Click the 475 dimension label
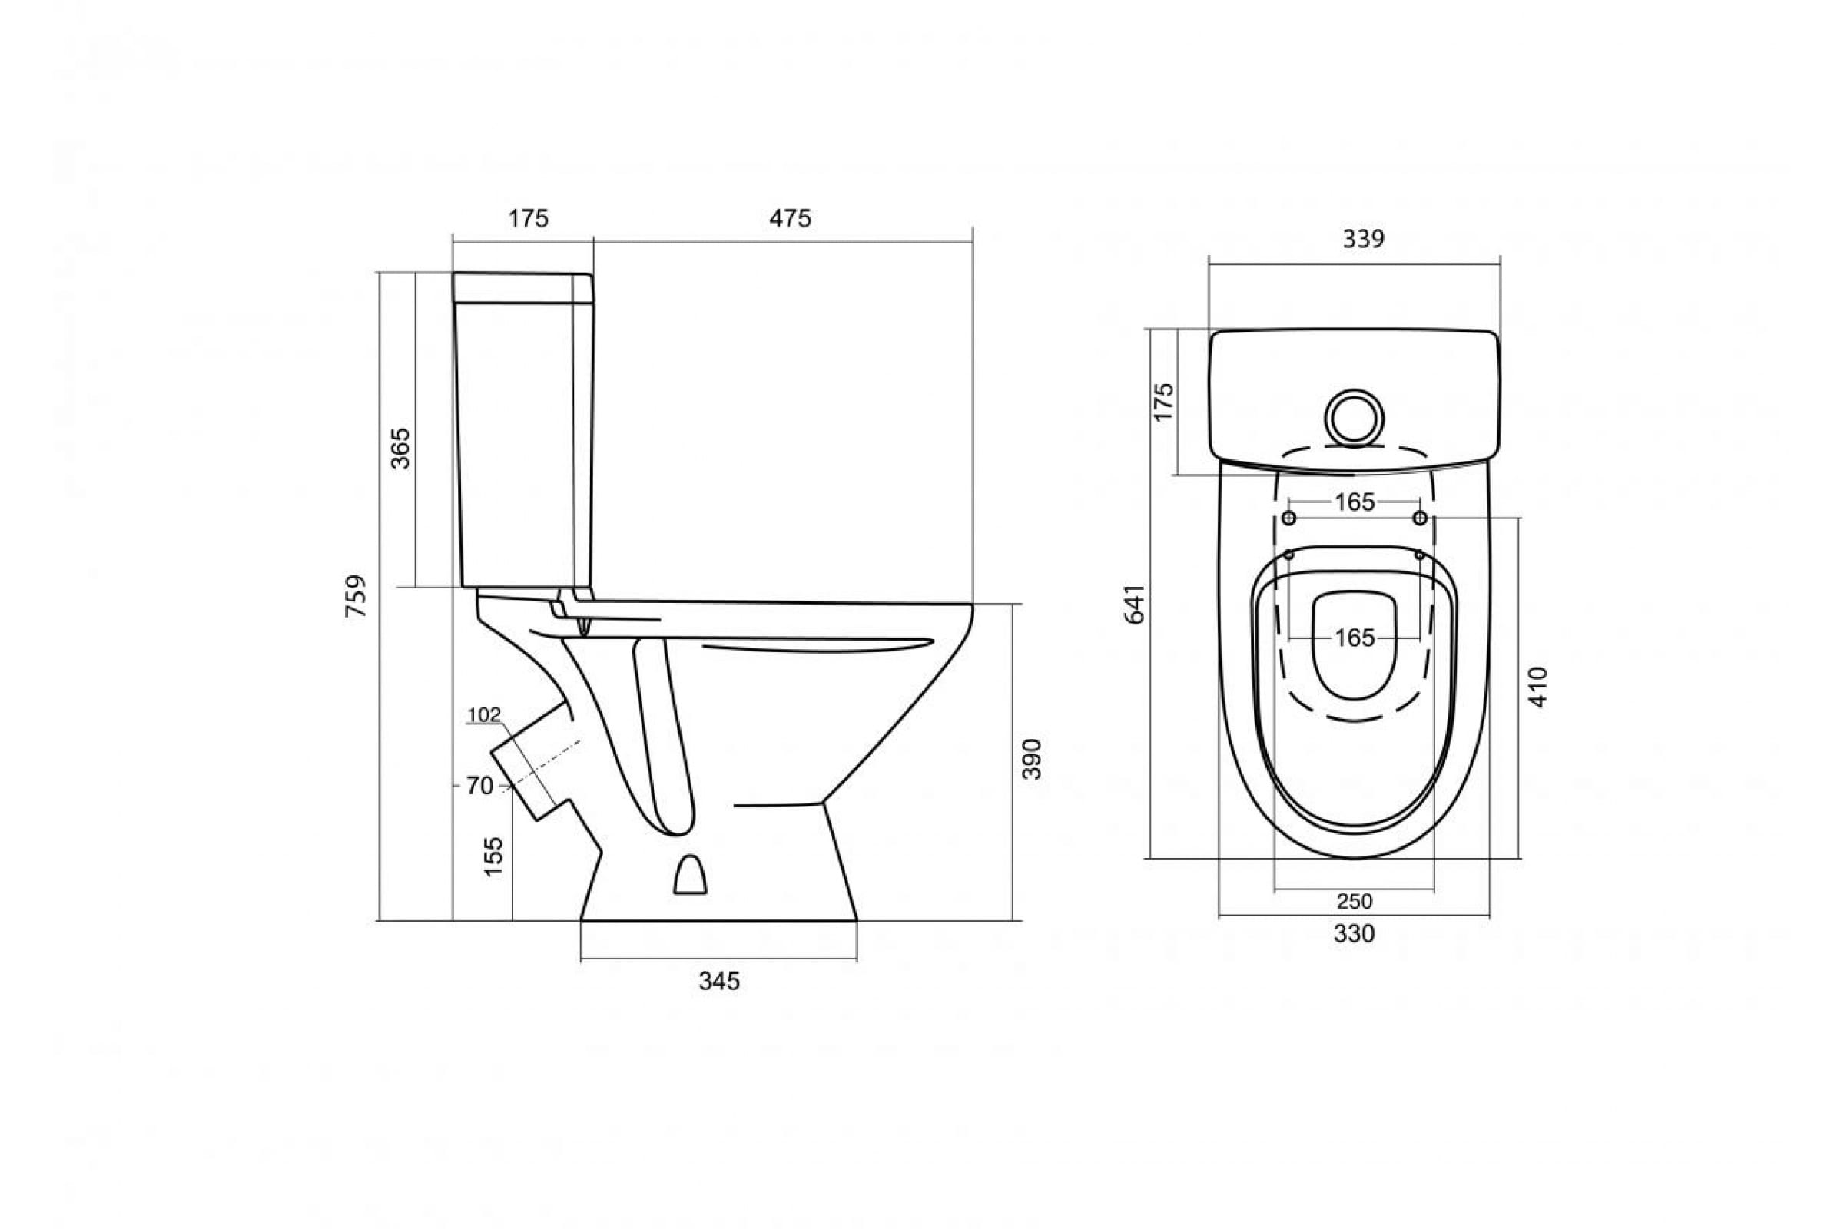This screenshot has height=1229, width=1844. point(790,219)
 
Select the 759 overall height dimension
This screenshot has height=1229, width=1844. point(356,596)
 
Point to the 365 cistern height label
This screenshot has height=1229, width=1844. point(400,449)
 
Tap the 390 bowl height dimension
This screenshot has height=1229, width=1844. point(1032,759)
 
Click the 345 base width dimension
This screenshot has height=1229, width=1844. point(719,982)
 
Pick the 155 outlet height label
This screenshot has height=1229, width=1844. point(493,856)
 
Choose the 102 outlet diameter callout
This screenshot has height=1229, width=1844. point(484,715)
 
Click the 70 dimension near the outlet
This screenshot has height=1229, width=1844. point(479,785)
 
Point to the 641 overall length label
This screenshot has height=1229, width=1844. point(1135,604)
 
